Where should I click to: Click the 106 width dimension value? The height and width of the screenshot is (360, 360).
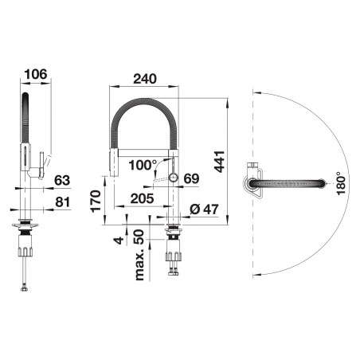[x=35, y=74]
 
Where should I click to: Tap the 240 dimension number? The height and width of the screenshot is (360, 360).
[x=145, y=79]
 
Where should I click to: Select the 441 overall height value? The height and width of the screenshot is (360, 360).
[x=220, y=162]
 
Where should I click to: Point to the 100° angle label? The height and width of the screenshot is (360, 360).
[x=143, y=165]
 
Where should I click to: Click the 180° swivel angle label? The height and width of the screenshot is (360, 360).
[x=341, y=183]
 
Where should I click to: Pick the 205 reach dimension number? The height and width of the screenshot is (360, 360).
[x=142, y=198]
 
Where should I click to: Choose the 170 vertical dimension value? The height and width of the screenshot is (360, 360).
[x=96, y=201]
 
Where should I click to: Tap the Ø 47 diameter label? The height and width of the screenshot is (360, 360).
[x=204, y=209]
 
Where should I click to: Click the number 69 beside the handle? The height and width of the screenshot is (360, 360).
[x=191, y=178]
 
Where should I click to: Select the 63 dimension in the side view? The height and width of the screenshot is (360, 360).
[x=62, y=181]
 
